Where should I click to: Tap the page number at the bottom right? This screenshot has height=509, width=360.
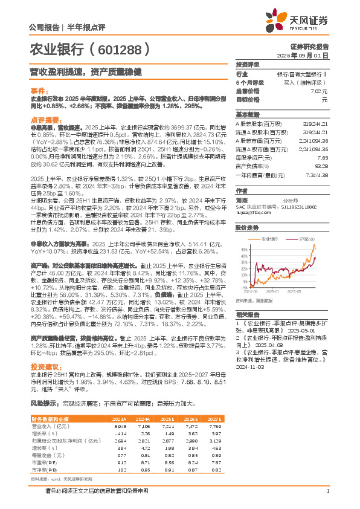327,490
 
